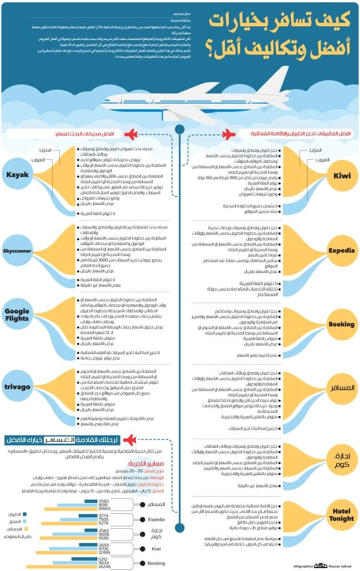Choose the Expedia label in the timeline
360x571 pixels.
[x=341, y=251]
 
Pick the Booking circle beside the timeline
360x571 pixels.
[x=341, y=324]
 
